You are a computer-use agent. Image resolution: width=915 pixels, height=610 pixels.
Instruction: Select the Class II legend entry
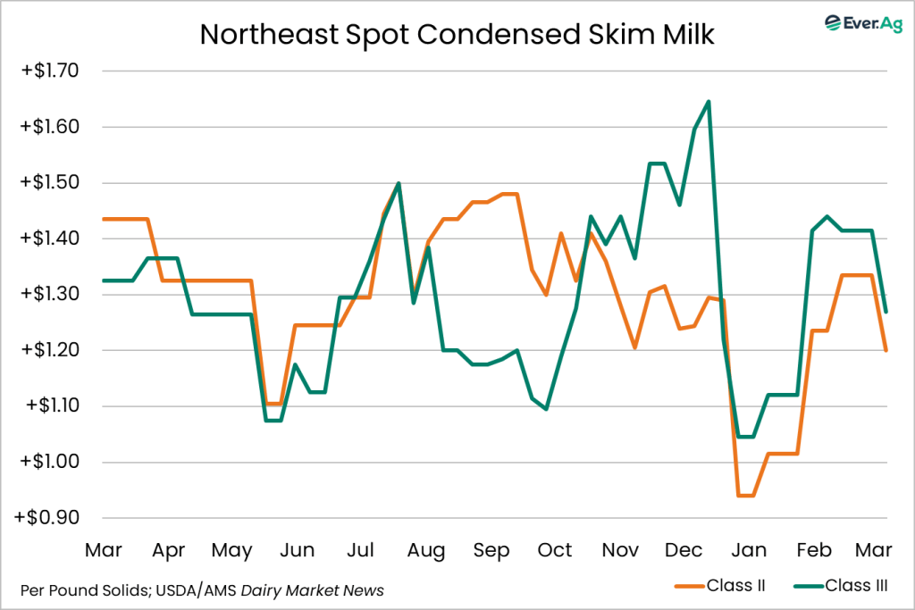[x=719, y=586]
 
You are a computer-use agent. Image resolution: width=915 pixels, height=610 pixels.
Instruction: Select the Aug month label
[x=425, y=550]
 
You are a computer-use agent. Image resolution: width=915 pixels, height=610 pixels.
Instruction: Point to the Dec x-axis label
[x=684, y=550]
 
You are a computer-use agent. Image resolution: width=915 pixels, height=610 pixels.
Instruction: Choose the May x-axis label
[x=231, y=550]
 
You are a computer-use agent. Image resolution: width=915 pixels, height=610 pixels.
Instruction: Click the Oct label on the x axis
[x=555, y=550]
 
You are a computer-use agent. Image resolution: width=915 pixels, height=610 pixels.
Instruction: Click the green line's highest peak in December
[x=709, y=102]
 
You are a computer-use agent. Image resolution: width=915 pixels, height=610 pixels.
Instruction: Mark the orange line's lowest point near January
[x=745, y=496]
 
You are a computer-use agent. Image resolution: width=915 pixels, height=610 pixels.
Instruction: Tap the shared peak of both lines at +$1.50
[x=398, y=183]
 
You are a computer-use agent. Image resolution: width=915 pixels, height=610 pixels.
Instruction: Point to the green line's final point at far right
[x=886, y=312]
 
